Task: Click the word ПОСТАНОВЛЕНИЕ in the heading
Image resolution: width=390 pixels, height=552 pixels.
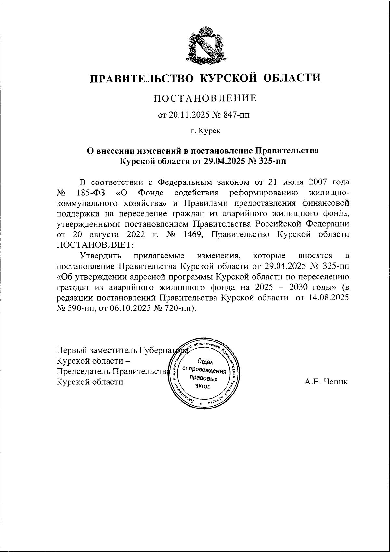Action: [205, 98]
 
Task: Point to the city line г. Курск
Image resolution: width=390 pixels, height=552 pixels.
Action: [205, 131]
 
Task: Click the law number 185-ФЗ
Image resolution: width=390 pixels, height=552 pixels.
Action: [91, 193]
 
